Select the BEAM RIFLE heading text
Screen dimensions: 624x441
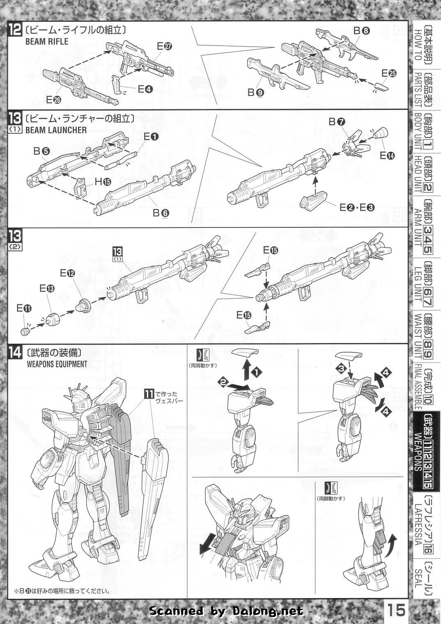47,41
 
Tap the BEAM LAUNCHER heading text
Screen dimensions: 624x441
56,130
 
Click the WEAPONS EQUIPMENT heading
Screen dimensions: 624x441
56,364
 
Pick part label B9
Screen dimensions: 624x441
255,93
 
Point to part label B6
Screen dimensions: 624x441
161,213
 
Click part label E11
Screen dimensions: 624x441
24,308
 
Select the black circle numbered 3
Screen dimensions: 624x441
340,368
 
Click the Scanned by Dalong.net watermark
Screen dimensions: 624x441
226,611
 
